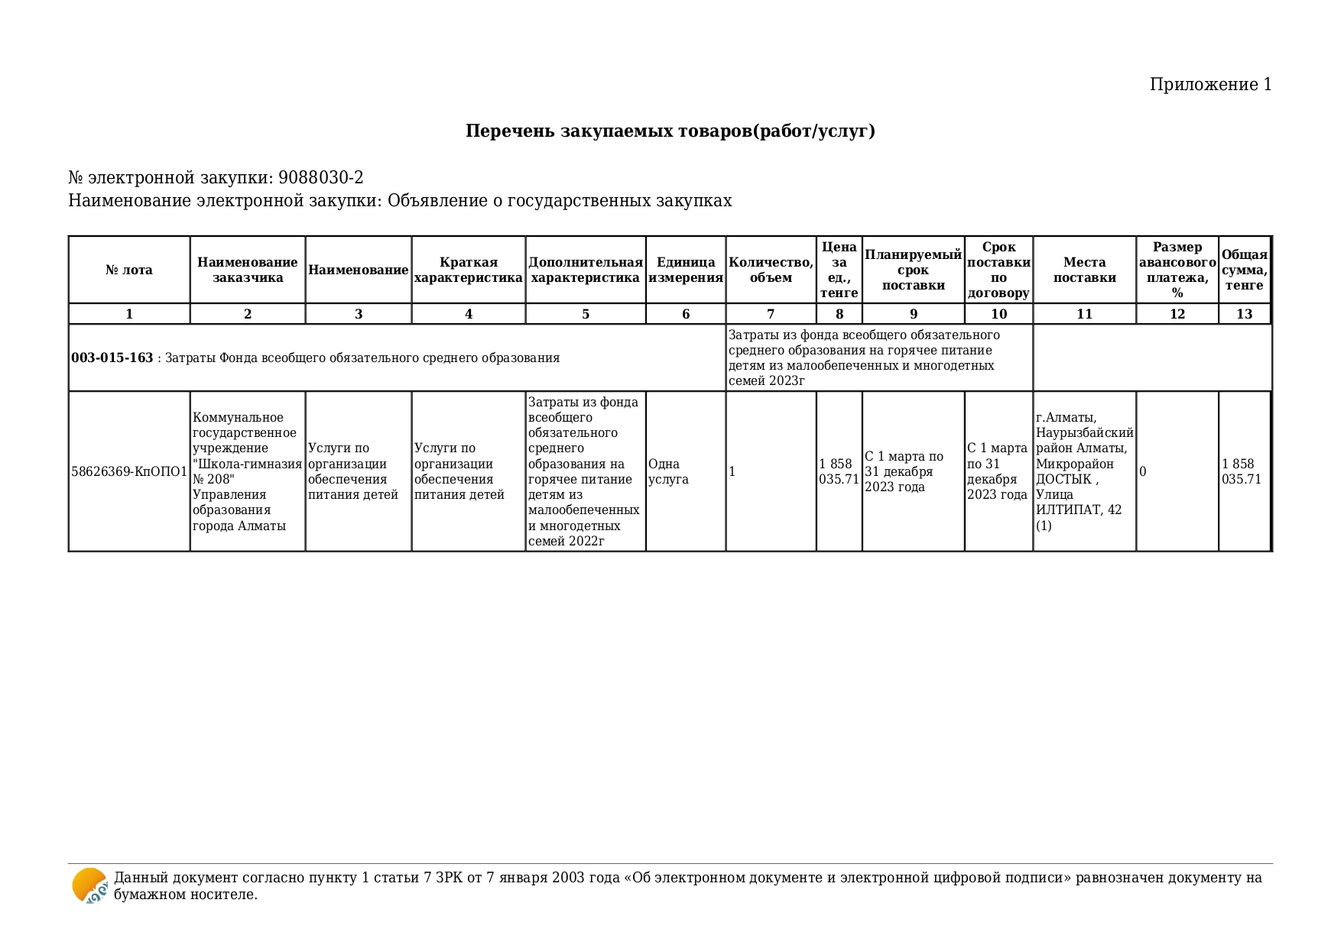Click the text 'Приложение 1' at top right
pyautogui.click(x=1210, y=85)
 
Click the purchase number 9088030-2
pyautogui.click(x=320, y=178)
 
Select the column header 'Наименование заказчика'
pyautogui.click(x=247, y=270)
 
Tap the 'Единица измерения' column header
pyautogui.click(x=685, y=270)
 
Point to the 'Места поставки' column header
pyautogui.click(x=1084, y=270)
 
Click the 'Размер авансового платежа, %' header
pyautogui.click(x=1177, y=270)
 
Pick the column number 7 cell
pyautogui.click(x=770, y=314)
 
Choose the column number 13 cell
pyautogui.click(x=1244, y=314)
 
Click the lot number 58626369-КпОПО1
pyautogui.click(x=129, y=471)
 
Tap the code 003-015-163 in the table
pyautogui.click(x=112, y=358)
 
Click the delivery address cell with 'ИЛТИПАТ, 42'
pyautogui.click(x=1083, y=471)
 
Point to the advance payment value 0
pyautogui.click(x=1143, y=471)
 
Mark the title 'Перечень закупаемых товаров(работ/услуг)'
pyautogui.click(x=670, y=131)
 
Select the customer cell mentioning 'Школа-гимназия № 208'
pyautogui.click(x=246, y=471)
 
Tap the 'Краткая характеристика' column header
pyautogui.click(x=468, y=270)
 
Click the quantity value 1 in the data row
pyautogui.click(x=732, y=471)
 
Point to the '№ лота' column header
pyautogui.click(x=128, y=270)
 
